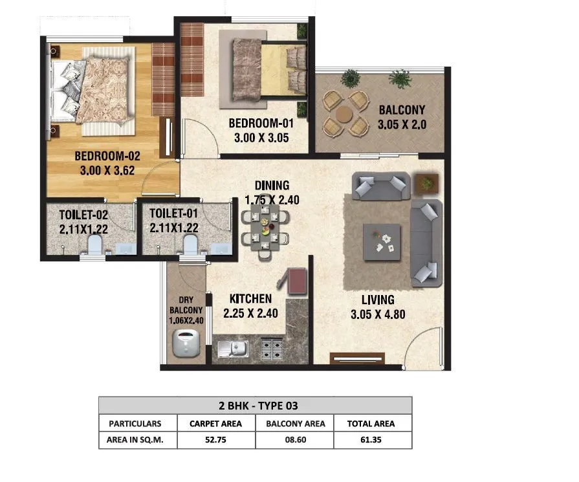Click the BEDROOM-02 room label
click(x=107, y=156)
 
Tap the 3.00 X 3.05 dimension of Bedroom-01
click(x=258, y=137)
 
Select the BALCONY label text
click(x=402, y=111)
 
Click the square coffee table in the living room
click(x=381, y=241)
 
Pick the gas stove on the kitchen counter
click(x=272, y=349)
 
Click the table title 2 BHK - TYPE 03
click(x=255, y=406)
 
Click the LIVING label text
click(x=378, y=300)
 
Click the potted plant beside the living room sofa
click(x=426, y=184)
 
